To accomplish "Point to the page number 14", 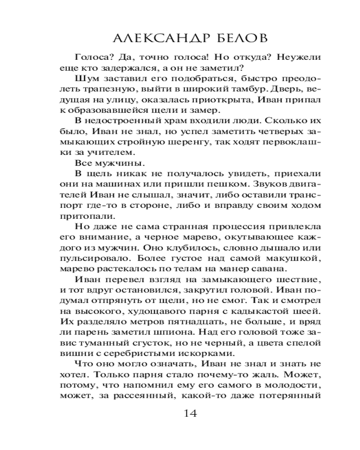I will coord(191,414).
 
